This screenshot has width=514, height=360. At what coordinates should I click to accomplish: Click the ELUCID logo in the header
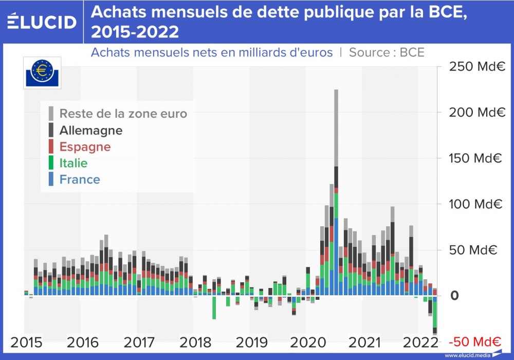pyautogui.click(x=42, y=22)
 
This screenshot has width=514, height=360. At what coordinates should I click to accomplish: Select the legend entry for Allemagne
pyautogui.click(x=91, y=130)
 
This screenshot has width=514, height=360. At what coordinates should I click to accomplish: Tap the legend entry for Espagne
pyautogui.click(x=85, y=147)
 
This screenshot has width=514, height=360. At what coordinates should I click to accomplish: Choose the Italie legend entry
pyautogui.click(x=74, y=163)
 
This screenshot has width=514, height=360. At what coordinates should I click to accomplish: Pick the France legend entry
pyautogui.click(x=80, y=179)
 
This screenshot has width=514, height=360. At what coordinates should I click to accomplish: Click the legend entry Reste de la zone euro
pyautogui.click(x=123, y=114)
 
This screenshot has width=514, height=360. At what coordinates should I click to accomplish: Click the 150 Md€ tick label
pyautogui.click(x=477, y=158)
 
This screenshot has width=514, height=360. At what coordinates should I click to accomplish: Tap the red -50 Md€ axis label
pyautogui.click(x=475, y=342)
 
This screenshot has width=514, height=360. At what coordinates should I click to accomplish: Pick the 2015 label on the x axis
pyautogui.click(x=27, y=342)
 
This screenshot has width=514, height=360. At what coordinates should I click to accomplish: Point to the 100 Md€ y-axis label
pyautogui.click(x=477, y=204)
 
